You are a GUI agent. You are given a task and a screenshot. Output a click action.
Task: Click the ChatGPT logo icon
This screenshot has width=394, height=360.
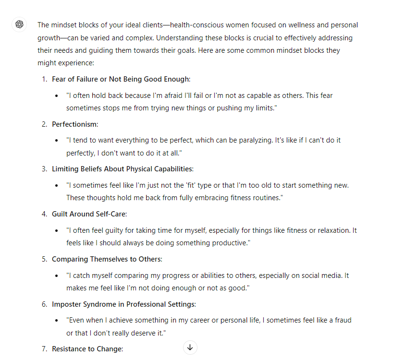coord(19,25)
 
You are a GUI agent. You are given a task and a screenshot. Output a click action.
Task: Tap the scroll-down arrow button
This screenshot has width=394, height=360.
coord(190,348)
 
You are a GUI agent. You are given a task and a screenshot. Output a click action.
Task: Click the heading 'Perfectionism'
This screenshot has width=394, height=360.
coord(74,124)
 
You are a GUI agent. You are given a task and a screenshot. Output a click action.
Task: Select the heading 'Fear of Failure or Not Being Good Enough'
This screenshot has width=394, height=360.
coord(121,79)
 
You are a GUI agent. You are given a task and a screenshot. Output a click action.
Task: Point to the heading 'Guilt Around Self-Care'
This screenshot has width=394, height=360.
coord(89,214)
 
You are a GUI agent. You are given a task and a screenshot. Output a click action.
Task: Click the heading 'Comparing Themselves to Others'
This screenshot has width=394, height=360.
coord(107,259)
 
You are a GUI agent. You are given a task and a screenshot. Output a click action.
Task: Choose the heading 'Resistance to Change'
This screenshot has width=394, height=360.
coord(87,349)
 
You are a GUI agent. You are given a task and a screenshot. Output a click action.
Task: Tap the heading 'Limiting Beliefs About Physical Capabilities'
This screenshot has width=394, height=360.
coord(122,169)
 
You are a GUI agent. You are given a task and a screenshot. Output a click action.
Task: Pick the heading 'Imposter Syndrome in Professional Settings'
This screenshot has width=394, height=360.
coord(123,304)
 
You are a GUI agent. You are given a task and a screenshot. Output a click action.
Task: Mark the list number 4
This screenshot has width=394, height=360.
coord(44,214)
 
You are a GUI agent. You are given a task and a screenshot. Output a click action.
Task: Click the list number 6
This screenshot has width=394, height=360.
coord(44,304)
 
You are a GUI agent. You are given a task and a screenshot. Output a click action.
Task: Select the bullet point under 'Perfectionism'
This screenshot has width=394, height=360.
coord(58,140)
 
